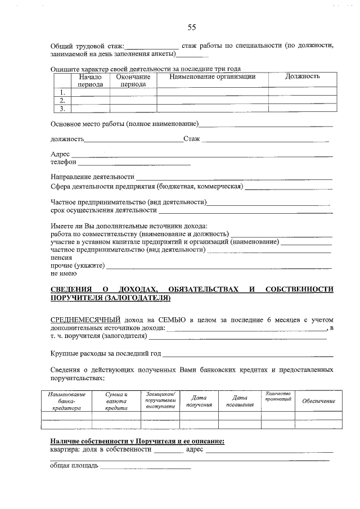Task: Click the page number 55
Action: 191,27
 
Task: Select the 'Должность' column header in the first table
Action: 302,76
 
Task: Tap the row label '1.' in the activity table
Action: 62,92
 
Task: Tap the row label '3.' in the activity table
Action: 62,109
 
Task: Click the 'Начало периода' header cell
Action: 90,80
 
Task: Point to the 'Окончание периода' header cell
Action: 133,80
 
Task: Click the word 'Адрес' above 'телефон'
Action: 60,154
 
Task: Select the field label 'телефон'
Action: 63,162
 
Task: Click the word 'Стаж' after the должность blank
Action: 191,138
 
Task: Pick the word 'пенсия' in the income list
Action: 61,257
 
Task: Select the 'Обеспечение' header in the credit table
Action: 318,401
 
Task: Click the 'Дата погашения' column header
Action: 240,401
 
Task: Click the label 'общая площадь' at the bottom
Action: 74,466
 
